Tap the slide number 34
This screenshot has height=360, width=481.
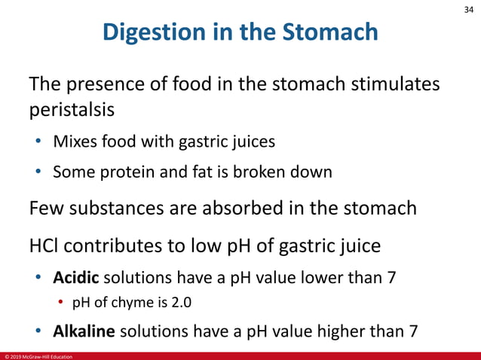pos(467,9)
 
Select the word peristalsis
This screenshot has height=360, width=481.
pos(72,110)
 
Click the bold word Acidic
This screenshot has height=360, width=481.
pos(75,277)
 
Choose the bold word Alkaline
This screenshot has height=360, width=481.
pos(84,331)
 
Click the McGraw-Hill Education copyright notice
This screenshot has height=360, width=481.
pos(38,356)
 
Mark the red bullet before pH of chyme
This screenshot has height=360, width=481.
pos(63,304)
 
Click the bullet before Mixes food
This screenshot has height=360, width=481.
pos(38,141)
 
